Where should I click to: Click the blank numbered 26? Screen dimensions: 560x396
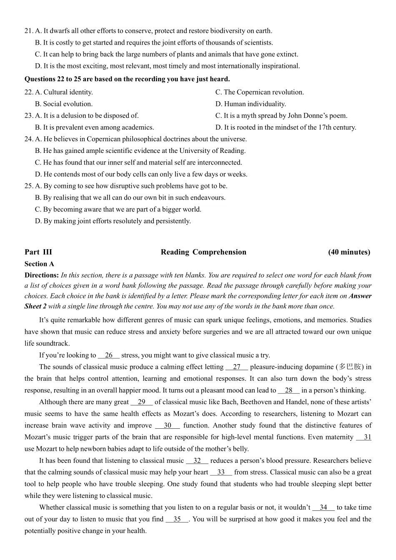(108, 355)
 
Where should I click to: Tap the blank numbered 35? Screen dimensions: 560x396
(177, 519)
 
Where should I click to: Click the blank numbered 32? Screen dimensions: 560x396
(197, 461)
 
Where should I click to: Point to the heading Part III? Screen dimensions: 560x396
(38, 252)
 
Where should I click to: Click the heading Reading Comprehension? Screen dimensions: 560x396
(203, 252)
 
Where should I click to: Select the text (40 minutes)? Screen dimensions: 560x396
(349, 252)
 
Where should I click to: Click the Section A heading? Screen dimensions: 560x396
(39, 264)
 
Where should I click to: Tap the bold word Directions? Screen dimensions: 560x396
(42, 275)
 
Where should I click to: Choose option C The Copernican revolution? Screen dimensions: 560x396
(260, 92)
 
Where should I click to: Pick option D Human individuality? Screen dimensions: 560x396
(251, 104)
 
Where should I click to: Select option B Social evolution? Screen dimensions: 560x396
(64, 104)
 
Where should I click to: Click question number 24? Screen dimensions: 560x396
(28, 139)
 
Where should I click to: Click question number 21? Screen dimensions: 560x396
(28, 31)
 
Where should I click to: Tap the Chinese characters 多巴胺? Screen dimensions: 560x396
(350, 367)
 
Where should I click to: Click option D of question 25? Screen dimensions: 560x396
(113, 221)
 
